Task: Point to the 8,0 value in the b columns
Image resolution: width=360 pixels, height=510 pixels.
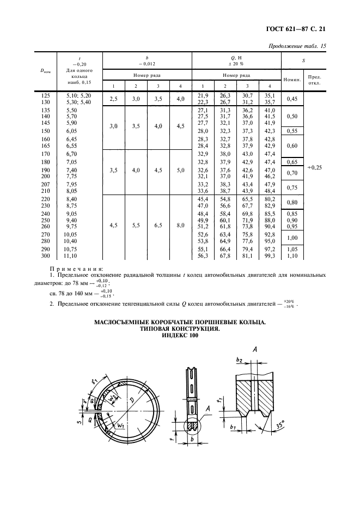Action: tap(179, 225)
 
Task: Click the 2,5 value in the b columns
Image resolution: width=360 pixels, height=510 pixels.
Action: tap(114, 99)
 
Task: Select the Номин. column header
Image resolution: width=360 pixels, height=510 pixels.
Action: tap(292, 80)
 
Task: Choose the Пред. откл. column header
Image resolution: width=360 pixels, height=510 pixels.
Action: tap(314, 80)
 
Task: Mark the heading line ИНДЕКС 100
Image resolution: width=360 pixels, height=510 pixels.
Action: tap(180, 336)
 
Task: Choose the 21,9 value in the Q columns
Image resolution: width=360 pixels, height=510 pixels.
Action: tap(201, 95)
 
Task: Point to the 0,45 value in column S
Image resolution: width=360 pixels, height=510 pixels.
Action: tap(291, 99)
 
